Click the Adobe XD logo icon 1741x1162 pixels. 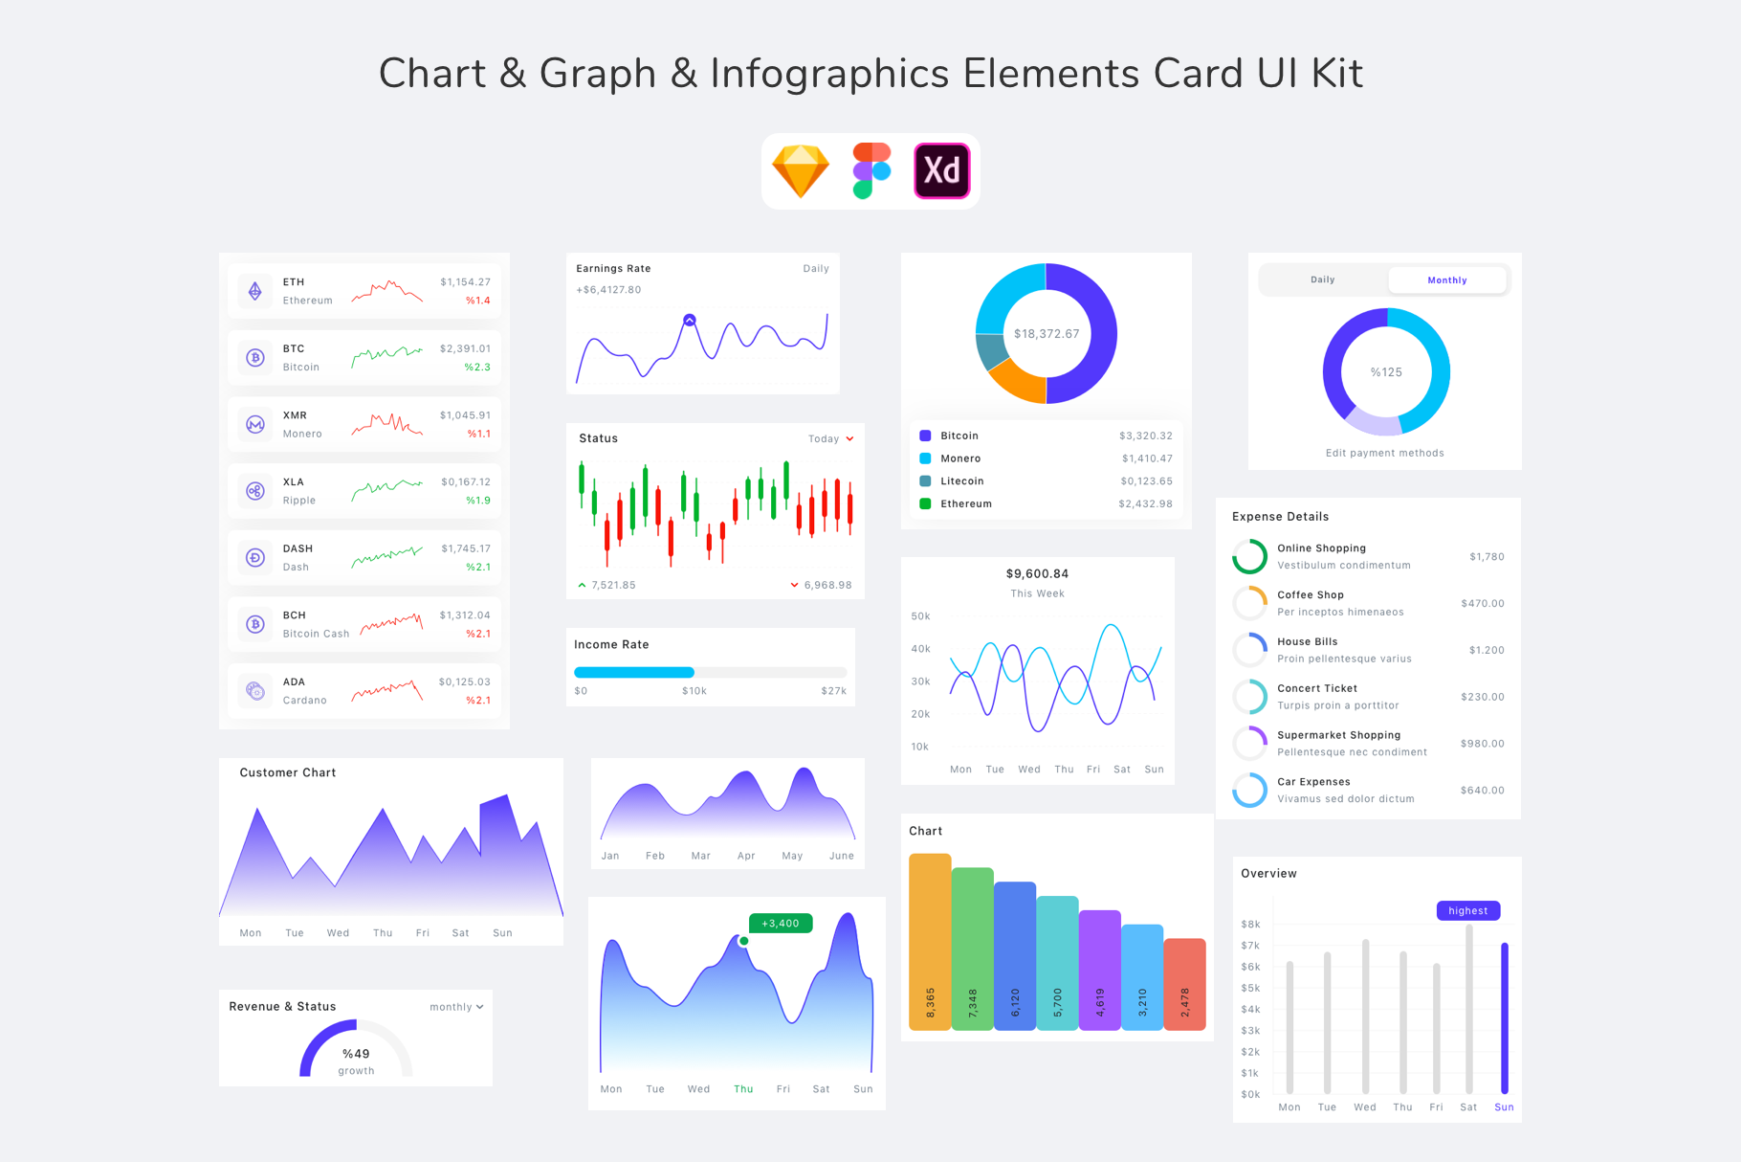pos(941,171)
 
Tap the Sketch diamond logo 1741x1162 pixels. pos(800,171)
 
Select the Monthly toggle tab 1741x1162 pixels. pos(1446,280)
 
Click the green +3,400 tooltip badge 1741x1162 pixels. pos(781,923)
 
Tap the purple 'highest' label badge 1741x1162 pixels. pos(1467,910)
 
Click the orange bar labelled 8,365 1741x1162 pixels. pos(930,942)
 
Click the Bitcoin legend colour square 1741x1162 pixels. pos(925,436)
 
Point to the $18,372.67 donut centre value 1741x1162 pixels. pos(1047,334)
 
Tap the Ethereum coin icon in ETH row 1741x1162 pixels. pos(255,291)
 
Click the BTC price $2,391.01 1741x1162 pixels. pos(465,348)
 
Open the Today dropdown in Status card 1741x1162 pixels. pos(830,438)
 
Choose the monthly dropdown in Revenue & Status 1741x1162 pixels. pos(456,1007)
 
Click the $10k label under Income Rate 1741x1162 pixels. pos(694,691)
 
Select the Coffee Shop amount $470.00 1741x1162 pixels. pos(1482,603)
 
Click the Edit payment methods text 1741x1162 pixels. pos(1384,453)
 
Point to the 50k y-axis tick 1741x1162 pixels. pos(920,616)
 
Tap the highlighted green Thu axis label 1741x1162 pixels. pos(743,1089)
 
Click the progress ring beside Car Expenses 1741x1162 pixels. pos(1249,790)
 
